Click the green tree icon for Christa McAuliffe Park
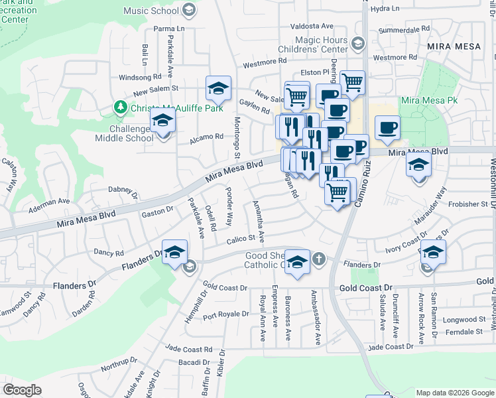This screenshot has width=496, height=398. click(120, 107)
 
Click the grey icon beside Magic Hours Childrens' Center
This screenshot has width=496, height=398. click(358, 44)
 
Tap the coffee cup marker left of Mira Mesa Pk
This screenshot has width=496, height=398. click(387, 127)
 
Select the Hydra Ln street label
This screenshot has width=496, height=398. click(386, 9)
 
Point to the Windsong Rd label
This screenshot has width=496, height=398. click(141, 78)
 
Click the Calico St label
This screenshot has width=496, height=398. click(242, 239)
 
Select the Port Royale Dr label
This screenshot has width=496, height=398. click(226, 316)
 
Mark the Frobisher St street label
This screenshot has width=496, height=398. click(469, 204)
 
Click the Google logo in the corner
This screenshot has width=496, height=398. click(22, 390)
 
